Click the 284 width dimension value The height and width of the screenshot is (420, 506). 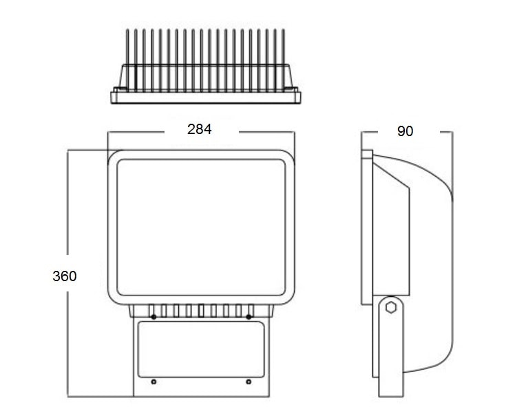200,129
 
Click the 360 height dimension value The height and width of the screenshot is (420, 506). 65,276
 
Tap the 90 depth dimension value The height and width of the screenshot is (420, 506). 405,131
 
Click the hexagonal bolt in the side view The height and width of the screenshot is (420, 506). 391,307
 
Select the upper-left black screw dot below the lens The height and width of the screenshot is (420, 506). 154,317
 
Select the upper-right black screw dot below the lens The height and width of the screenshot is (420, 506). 249,317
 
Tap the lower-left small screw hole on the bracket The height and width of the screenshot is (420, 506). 154,382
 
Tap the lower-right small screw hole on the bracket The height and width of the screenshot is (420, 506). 249,382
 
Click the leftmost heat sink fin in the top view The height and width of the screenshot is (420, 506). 127,60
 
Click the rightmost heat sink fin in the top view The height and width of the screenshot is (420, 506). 283,60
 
